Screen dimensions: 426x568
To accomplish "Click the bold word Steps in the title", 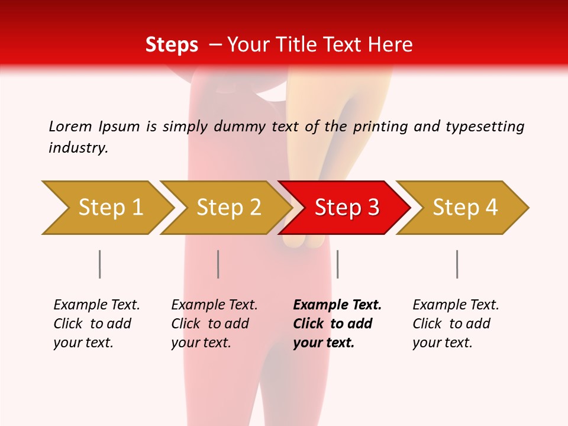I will click(172, 45).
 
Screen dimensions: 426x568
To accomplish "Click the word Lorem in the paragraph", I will click(70, 127).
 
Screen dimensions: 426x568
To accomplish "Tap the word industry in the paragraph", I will click(78, 148).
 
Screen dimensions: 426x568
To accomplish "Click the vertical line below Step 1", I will click(100, 264).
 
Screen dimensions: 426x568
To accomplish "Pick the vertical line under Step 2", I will click(218, 264).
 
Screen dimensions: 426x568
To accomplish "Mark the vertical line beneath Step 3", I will click(338, 264).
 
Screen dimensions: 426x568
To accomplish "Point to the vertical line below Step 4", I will click(457, 264).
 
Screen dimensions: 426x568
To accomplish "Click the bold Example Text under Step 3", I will click(337, 305).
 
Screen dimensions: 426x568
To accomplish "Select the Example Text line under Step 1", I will click(96, 305).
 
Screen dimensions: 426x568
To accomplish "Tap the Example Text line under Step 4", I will click(456, 305).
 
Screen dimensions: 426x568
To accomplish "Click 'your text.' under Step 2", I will click(201, 343).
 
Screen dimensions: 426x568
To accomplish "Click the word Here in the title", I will click(390, 45).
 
